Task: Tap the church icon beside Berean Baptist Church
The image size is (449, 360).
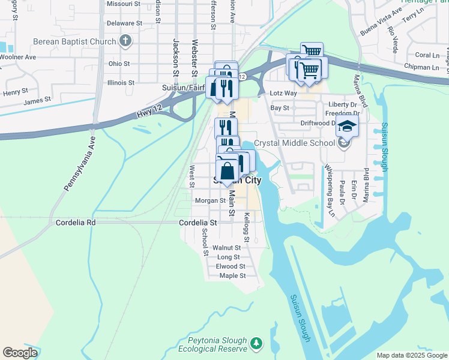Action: coord(125,41)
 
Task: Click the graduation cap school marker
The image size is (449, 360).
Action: coord(346,127)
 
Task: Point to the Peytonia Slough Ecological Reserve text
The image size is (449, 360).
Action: coord(213,344)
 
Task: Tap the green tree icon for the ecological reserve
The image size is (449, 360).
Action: coord(256,343)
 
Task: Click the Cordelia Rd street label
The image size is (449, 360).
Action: coord(76,222)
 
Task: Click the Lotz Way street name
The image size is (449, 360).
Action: coord(283,94)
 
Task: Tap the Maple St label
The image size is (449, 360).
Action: coord(233,276)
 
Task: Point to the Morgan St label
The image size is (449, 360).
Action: coord(210,200)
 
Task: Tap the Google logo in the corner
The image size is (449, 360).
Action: coord(20,352)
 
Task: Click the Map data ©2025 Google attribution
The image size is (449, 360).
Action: coord(412,355)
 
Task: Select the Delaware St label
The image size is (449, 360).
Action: coord(124,23)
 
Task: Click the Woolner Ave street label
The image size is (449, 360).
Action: coord(18,57)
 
